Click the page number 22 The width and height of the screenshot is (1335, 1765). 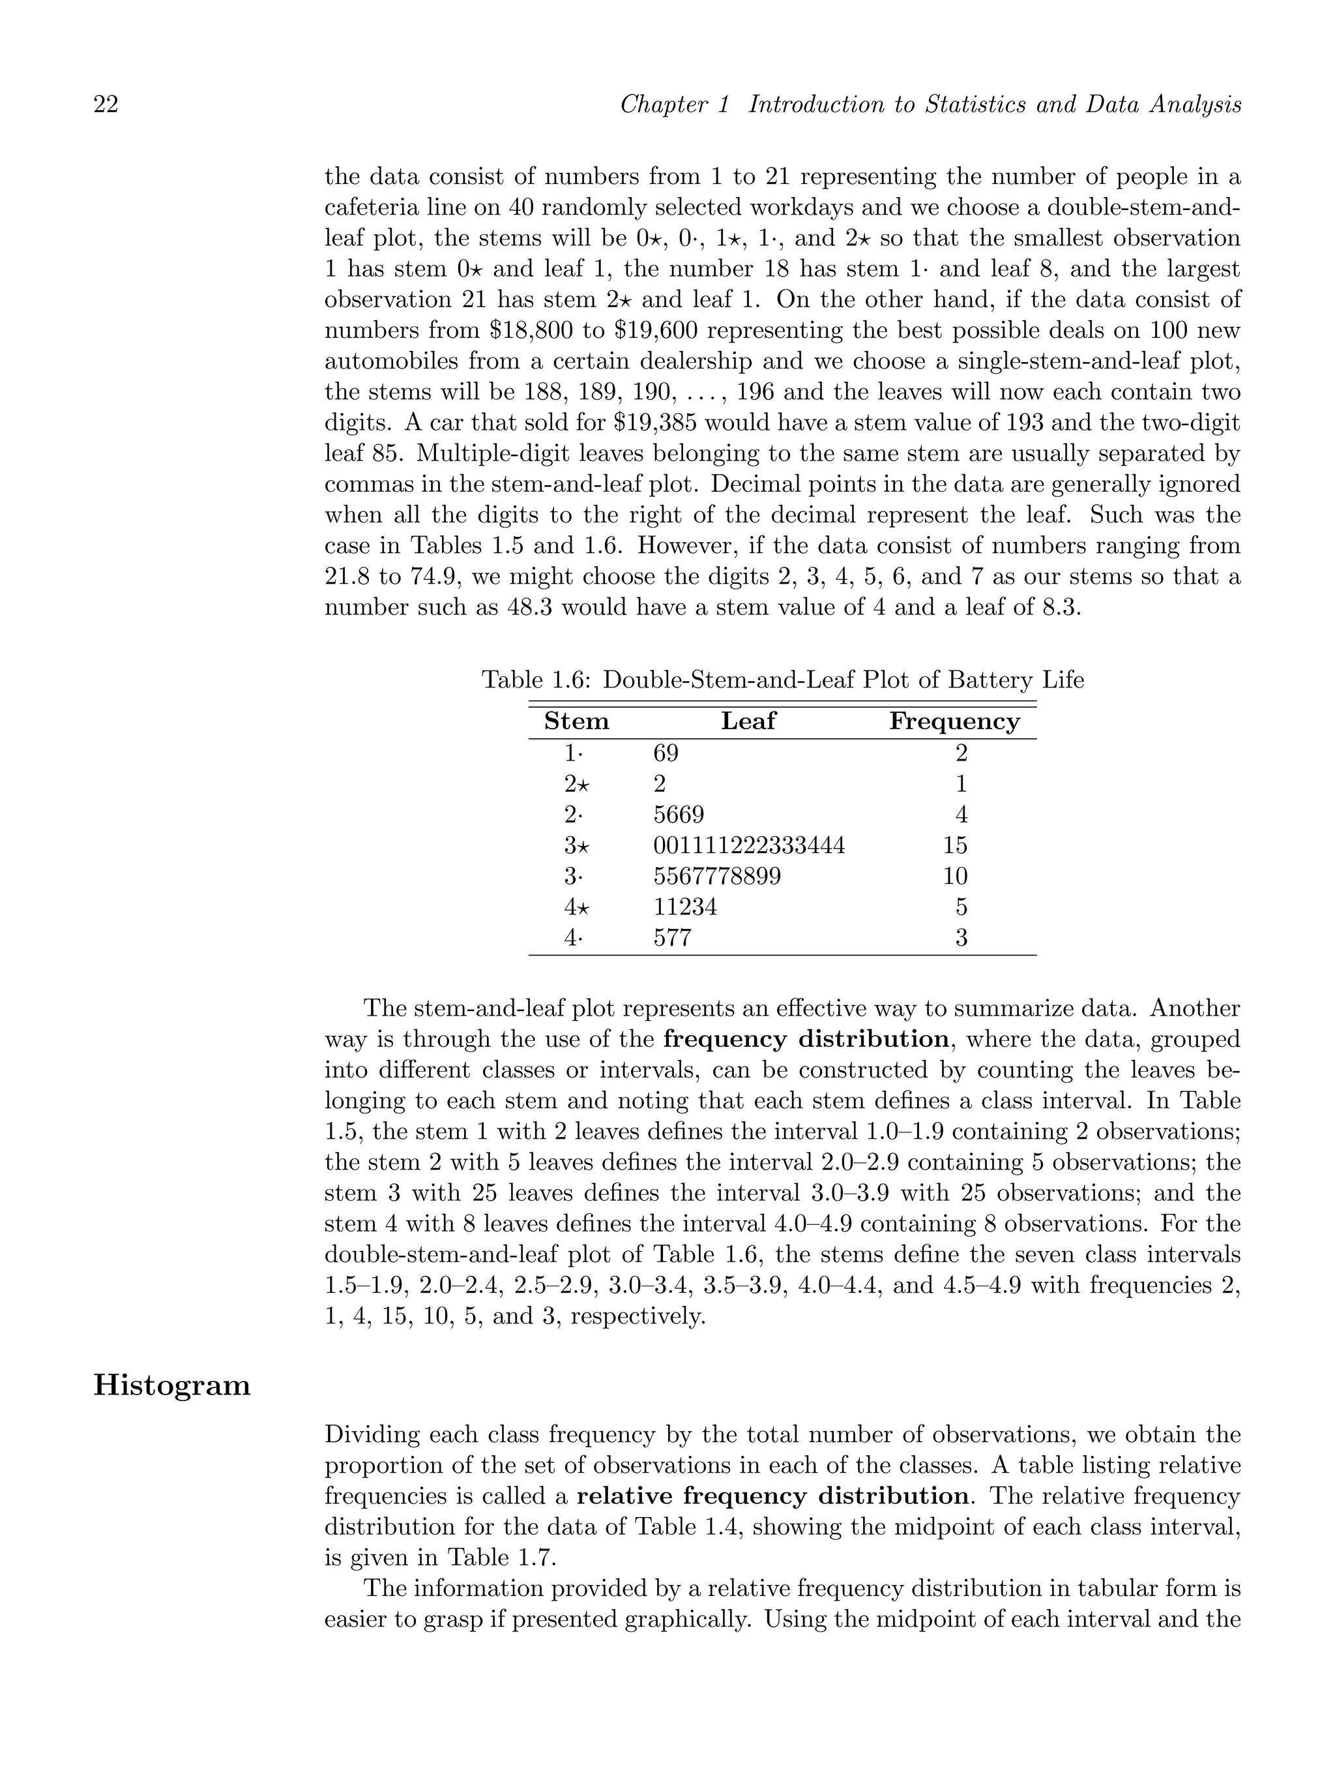[106, 104]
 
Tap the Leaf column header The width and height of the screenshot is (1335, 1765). [748, 721]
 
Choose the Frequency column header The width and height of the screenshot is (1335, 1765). [954, 721]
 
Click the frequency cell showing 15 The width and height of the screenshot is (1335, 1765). [954, 846]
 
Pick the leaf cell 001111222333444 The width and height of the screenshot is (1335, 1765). [749, 846]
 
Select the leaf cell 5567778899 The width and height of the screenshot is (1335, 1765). [717, 877]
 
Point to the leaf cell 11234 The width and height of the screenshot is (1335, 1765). [685, 907]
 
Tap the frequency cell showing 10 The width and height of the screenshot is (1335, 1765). [954, 877]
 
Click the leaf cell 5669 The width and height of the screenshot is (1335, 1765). [679, 815]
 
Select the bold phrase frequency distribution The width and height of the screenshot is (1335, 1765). [806, 1039]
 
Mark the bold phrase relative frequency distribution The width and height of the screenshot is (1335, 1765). [771, 1496]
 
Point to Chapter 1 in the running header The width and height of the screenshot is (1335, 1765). [675, 104]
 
